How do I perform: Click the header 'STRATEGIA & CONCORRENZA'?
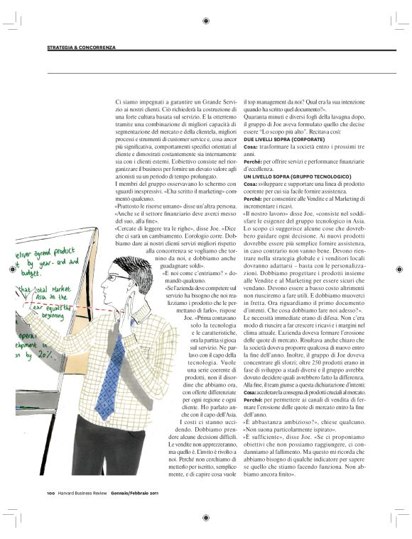[x=81, y=48]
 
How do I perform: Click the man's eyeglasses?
[x=121, y=277]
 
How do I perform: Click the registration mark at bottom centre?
[x=205, y=518]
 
